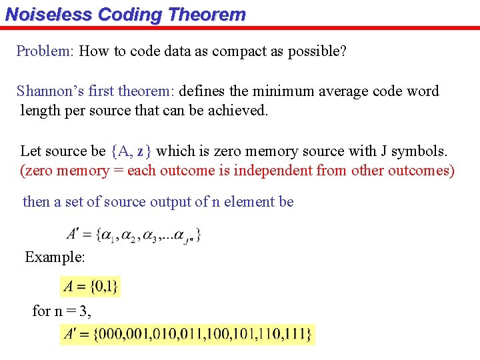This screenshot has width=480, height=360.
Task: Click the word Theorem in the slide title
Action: [x=209, y=14]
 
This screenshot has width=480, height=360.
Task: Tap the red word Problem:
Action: [x=45, y=51]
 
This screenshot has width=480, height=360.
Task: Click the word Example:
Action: [x=55, y=257]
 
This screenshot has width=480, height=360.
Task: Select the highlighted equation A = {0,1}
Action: [x=91, y=287]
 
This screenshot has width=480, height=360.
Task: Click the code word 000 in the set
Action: [x=111, y=333]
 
